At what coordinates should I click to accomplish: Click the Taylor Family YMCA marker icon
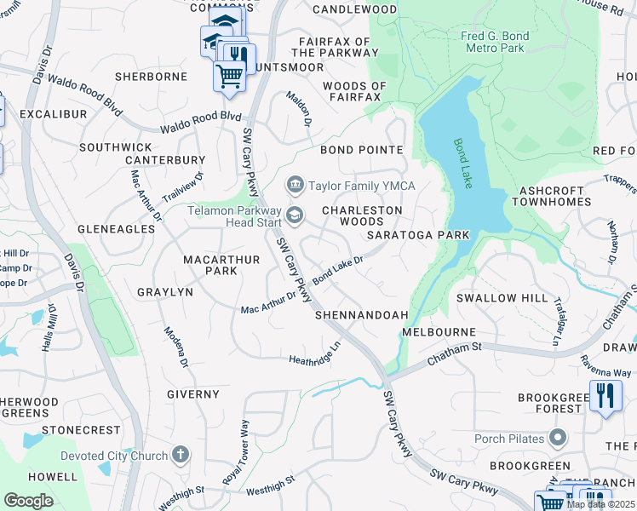click(296, 183)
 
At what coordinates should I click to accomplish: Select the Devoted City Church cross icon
click(180, 455)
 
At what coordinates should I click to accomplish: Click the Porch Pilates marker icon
click(558, 439)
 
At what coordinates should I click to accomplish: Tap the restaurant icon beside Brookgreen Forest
click(605, 396)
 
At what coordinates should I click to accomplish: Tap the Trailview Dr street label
click(183, 187)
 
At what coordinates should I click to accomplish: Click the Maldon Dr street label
click(299, 108)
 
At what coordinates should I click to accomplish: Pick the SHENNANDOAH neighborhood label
click(362, 314)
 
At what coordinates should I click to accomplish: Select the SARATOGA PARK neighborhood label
click(418, 234)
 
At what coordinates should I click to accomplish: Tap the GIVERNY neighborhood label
click(193, 394)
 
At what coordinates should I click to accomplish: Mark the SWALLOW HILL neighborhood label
click(502, 298)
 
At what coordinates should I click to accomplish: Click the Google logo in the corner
click(28, 500)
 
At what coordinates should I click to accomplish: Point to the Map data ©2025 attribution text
click(600, 504)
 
